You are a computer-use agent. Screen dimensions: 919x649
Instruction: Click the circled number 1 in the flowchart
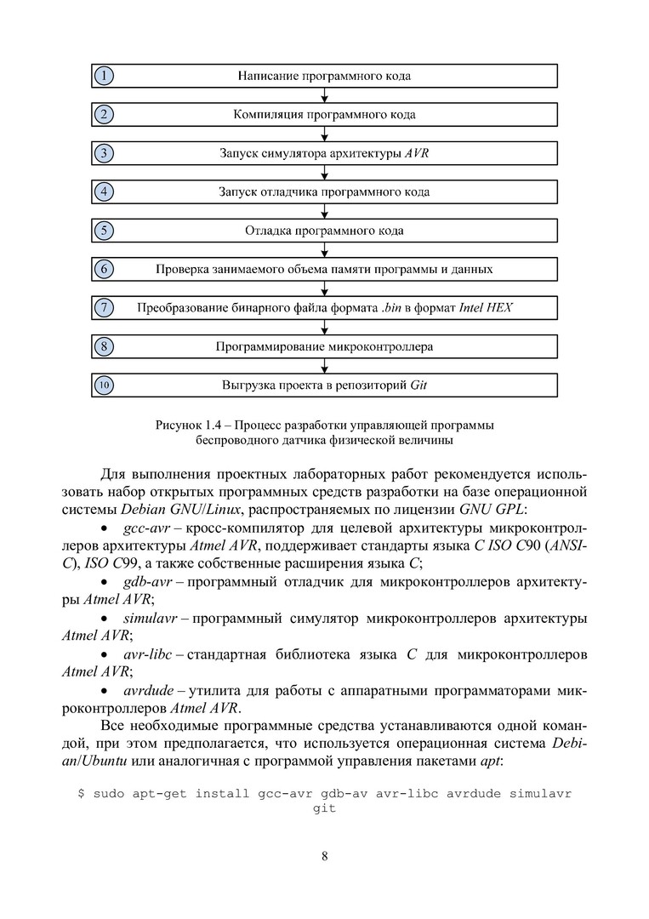104,76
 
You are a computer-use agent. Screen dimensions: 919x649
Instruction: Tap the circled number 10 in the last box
104,385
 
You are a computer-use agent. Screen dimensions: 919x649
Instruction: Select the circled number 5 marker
104,230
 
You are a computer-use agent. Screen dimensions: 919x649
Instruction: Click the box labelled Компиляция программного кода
324,114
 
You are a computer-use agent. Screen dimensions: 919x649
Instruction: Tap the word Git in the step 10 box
418,385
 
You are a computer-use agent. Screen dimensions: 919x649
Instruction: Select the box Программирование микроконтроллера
324,346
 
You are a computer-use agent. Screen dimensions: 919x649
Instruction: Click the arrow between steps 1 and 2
324,95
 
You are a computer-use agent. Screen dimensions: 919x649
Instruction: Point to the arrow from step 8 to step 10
324,366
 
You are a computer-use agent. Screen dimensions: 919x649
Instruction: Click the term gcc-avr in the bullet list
145,528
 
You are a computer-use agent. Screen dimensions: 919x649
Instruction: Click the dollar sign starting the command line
81,793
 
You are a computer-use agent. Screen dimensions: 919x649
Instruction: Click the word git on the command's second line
324,808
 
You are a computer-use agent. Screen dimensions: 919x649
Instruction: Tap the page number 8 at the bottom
324,856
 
